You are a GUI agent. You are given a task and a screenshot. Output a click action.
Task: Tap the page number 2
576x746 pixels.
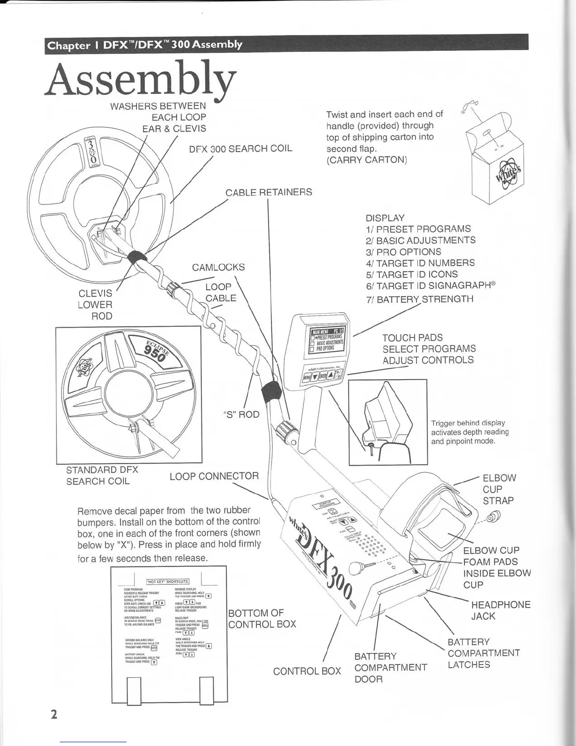pos(54,714)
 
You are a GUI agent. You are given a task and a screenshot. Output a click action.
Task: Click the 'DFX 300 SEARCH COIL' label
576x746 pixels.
pos(240,148)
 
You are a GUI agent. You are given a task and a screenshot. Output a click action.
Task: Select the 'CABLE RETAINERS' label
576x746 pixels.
pos(268,192)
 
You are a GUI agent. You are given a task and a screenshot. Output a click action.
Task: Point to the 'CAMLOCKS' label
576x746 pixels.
pos(218,267)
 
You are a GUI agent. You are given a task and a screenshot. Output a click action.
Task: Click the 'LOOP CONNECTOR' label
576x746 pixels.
pos(214,476)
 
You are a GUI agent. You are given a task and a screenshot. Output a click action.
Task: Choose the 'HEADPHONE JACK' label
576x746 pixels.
pos(501,610)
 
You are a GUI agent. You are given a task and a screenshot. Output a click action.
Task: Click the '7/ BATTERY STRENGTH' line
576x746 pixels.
pos(419,299)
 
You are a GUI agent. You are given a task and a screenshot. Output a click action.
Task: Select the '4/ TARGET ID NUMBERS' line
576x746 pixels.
pos(420,263)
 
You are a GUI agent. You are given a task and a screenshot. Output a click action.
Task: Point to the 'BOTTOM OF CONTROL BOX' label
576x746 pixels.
pos(262,618)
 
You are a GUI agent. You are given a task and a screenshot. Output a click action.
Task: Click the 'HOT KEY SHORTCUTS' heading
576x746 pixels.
pos(168,581)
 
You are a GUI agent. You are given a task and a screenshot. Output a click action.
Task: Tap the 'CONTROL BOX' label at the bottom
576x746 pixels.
pos(307,671)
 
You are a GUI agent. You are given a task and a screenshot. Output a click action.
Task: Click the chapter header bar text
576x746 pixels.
pos(145,45)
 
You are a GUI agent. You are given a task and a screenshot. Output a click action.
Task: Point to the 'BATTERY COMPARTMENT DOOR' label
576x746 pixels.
pos(391,667)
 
